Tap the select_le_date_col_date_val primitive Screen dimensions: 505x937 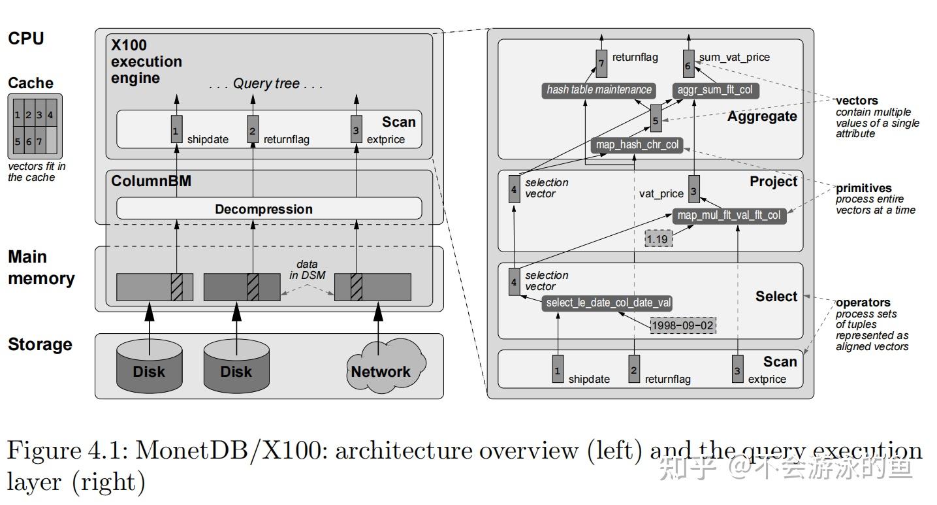pyautogui.click(x=608, y=303)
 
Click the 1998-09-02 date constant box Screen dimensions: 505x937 pyautogui.click(x=683, y=325)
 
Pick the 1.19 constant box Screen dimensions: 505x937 pyautogui.click(x=658, y=240)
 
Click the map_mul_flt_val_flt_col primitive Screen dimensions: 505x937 pyautogui.click(x=729, y=216)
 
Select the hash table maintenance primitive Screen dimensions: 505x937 pyautogui.click(x=599, y=90)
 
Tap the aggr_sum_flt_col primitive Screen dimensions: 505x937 pyautogui.click(x=716, y=90)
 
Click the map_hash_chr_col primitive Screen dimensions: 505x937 pyautogui.click(x=637, y=145)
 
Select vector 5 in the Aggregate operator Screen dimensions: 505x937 pyautogui.click(x=656, y=120)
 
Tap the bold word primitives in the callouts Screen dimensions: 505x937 pyautogui.click(x=863, y=188)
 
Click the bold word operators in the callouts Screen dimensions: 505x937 pyautogui.click(x=863, y=302)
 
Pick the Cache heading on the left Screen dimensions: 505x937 pyautogui.click(x=31, y=83)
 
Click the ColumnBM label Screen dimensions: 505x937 pyautogui.click(x=151, y=181)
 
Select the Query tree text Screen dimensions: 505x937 pyautogui.click(x=266, y=84)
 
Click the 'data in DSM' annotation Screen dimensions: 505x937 pyautogui.click(x=307, y=269)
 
